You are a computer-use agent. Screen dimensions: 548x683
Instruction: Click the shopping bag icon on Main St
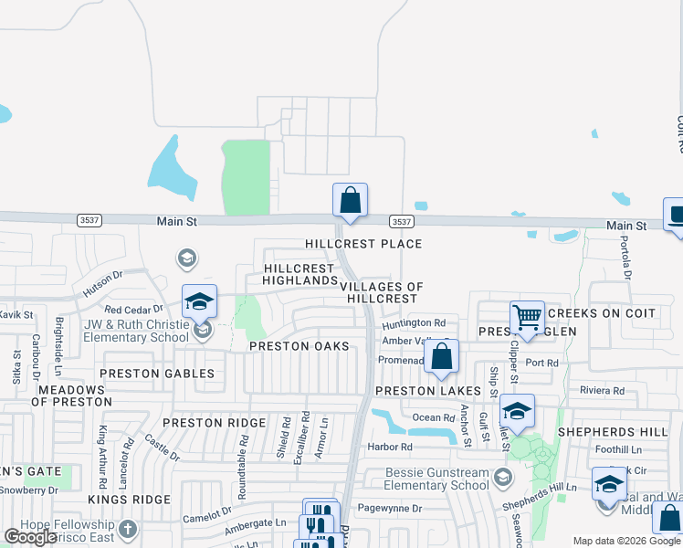(350, 200)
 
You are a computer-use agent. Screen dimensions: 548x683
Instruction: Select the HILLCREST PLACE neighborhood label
(363, 244)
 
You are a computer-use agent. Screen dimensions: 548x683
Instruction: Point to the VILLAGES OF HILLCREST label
(381, 292)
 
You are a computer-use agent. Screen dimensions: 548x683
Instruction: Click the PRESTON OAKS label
(299, 346)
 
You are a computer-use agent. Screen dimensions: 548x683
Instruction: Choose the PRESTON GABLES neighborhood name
(157, 374)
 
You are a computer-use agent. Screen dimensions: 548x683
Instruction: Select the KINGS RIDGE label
(130, 500)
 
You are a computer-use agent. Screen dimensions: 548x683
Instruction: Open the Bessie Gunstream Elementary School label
(425, 479)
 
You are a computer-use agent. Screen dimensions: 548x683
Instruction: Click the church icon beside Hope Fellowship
(128, 528)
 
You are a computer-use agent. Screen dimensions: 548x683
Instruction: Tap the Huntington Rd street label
(415, 323)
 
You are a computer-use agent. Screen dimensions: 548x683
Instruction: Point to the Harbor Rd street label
(390, 447)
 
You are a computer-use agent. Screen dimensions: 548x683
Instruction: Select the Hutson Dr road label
(102, 286)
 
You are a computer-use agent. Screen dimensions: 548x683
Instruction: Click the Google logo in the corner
(31, 537)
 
